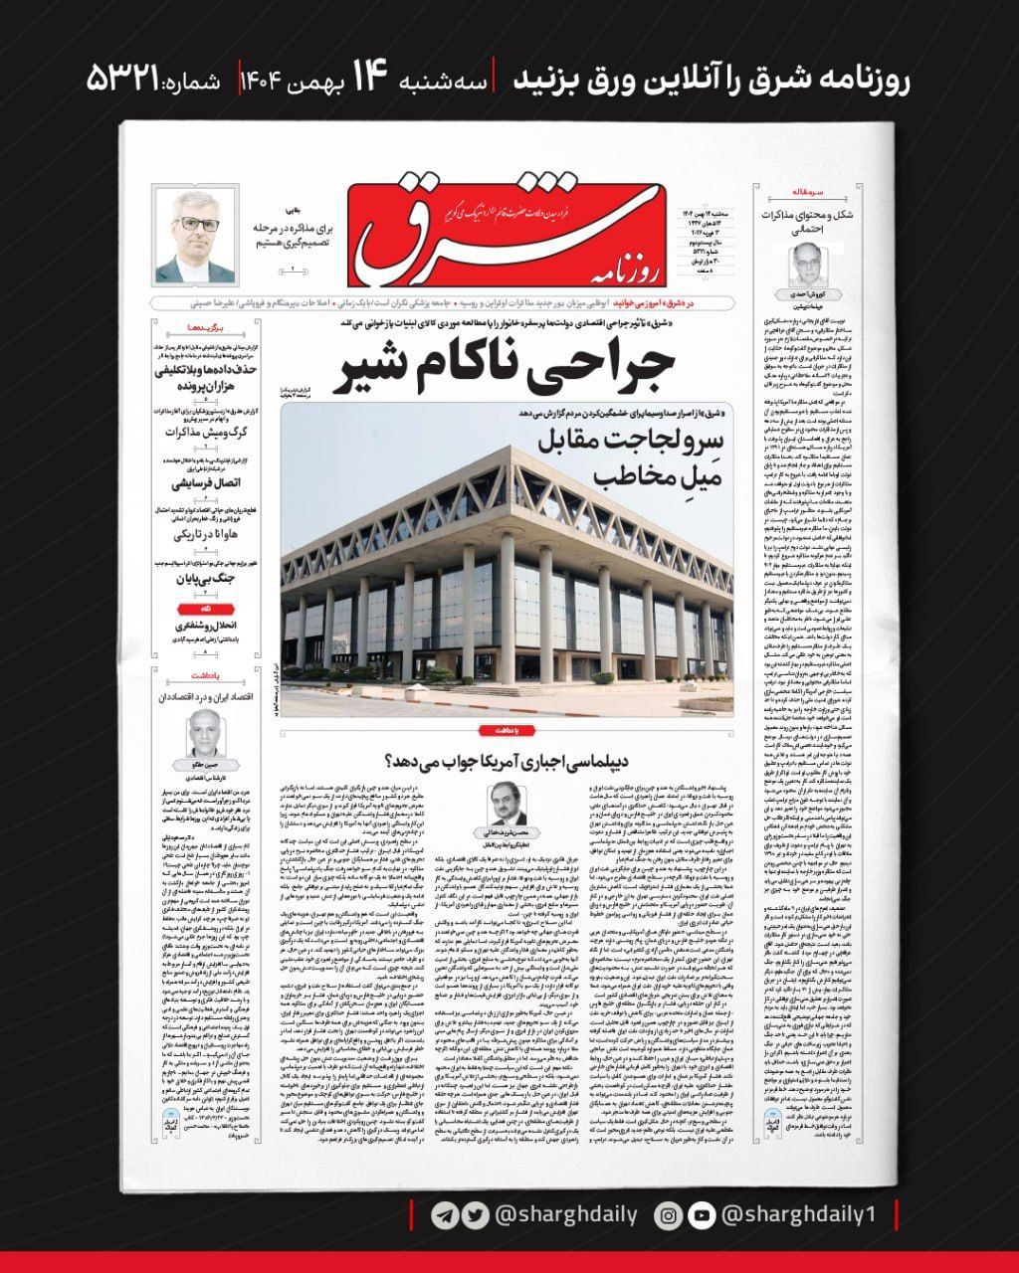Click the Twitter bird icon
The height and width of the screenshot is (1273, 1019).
pyautogui.click(x=477, y=1215)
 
